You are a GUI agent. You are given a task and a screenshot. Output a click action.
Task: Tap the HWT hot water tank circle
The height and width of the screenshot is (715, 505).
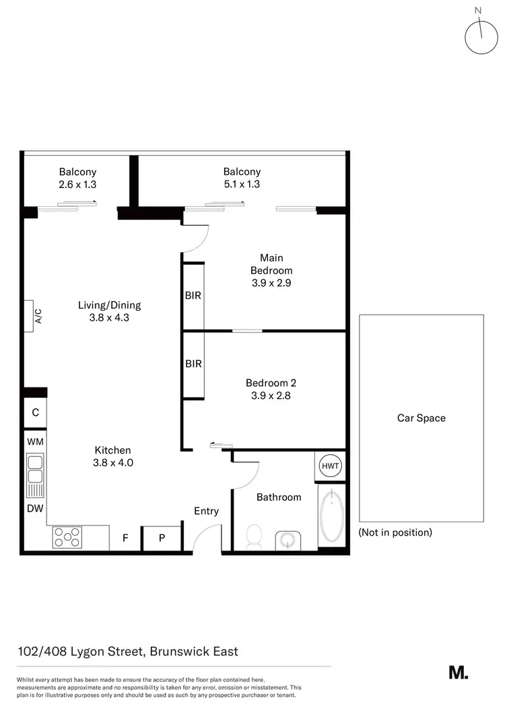pyautogui.click(x=330, y=466)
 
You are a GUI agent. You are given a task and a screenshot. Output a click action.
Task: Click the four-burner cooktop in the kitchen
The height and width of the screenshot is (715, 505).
pyautogui.click(x=67, y=537)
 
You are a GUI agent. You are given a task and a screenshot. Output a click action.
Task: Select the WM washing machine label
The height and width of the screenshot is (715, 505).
pyautogui.click(x=35, y=441)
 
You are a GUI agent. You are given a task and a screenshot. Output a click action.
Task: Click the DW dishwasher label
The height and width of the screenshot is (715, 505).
pyautogui.click(x=35, y=509)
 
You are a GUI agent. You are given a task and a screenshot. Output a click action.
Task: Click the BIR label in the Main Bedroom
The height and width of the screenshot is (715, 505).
pyautogui.click(x=193, y=296)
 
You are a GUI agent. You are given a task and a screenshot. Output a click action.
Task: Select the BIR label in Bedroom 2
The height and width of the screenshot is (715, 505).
pyautogui.click(x=193, y=364)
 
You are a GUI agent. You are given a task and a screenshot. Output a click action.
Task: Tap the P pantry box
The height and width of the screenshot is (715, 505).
pyautogui.click(x=162, y=538)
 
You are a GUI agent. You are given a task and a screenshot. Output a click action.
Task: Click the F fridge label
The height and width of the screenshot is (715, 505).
pyautogui.click(x=125, y=538)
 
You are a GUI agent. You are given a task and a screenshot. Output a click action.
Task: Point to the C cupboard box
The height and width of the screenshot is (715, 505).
pyautogui.click(x=35, y=412)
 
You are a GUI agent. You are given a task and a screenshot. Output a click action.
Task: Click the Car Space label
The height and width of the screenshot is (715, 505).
pyautogui.click(x=421, y=418)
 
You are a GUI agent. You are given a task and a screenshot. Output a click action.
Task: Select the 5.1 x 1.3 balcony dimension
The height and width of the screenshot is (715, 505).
pyautogui.click(x=242, y=184)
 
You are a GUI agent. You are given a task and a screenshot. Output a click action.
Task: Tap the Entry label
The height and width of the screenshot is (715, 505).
pyautogui.click(x=206, y=511)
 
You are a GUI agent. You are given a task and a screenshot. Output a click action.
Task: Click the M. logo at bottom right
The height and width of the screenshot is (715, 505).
pyautogui.click(x=458, y=672)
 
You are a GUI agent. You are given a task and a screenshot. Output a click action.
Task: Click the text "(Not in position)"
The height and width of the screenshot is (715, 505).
pyautogui.click(x=395, y=532)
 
